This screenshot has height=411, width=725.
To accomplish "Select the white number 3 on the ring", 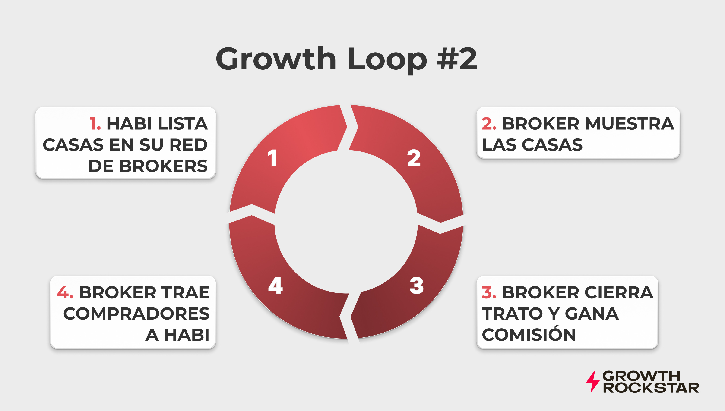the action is (x=417, y=286).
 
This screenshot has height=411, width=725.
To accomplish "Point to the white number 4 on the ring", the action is (x=275, y=286).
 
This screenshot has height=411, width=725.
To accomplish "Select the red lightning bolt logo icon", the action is (x=592, y=382).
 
